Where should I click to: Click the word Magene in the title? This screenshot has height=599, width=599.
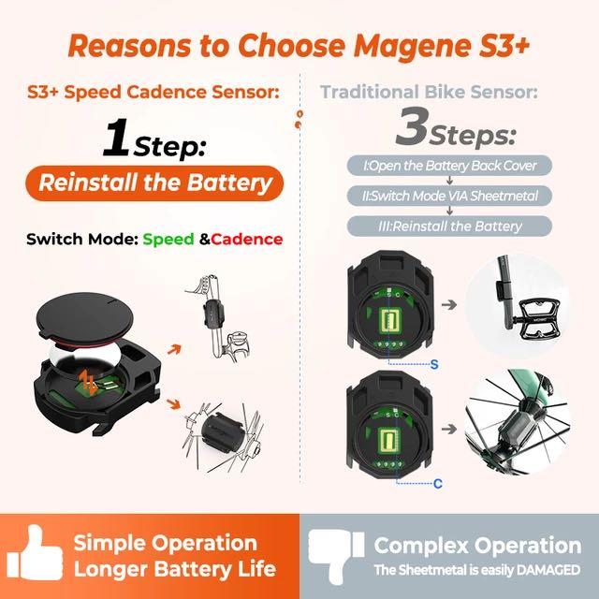tap(412, 47)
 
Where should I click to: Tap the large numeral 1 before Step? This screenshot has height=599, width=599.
tap(116, 139)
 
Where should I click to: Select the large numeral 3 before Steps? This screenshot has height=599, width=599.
tap(412, 126)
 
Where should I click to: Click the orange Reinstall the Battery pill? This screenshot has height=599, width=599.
tap(154, 183)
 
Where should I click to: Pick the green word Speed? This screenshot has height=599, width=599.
tap(168, 240)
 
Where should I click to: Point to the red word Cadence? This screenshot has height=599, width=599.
tap(247, 240)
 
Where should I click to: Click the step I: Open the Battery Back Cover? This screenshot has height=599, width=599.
tap(449, 166)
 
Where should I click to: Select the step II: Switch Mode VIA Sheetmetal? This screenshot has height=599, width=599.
tap(449, 196)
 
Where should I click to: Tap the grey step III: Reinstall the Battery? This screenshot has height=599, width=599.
tap(449, 226)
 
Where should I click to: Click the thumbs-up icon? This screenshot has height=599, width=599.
tap(36, 553)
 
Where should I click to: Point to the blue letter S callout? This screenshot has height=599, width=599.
tap(434, 364)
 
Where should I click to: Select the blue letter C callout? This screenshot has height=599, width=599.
tap(438, 484)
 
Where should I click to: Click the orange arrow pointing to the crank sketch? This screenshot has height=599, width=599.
tap(174, 349)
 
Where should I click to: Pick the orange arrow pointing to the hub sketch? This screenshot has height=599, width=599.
tap(173, 403)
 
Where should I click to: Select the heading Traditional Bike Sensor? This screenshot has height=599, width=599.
tap(429, 92)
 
